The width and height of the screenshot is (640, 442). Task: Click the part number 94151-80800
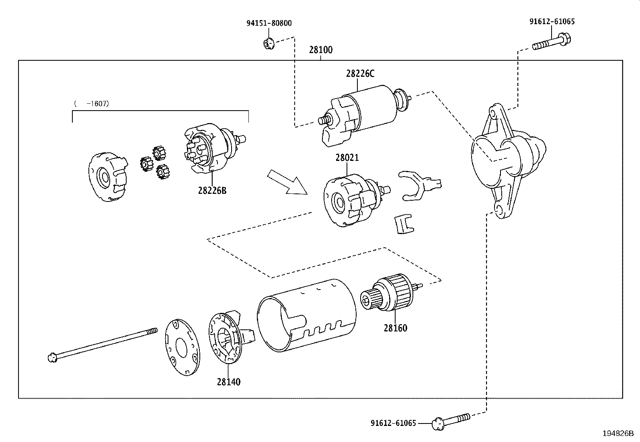(x=269, y=23)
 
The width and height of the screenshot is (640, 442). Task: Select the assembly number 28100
(x=321, y=50)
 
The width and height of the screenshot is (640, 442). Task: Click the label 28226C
(x=360, y=74)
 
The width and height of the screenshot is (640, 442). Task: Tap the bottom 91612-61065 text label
(x=393, y=423)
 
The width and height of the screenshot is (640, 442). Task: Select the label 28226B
(x=212, y=190)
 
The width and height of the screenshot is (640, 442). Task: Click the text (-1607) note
(x=92, y=103)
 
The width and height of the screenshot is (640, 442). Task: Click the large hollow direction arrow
(x=287, y=182)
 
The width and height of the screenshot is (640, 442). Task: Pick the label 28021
(x=347, y=158)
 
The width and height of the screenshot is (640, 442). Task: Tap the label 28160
(x=395, y=328)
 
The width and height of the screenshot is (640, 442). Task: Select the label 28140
(x=228, y=382)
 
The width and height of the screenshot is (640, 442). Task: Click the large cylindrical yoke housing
(x=307, y=314)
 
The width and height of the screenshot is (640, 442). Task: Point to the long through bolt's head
(x=51, y=358)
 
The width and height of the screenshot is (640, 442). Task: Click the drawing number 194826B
(x=617, y=433)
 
